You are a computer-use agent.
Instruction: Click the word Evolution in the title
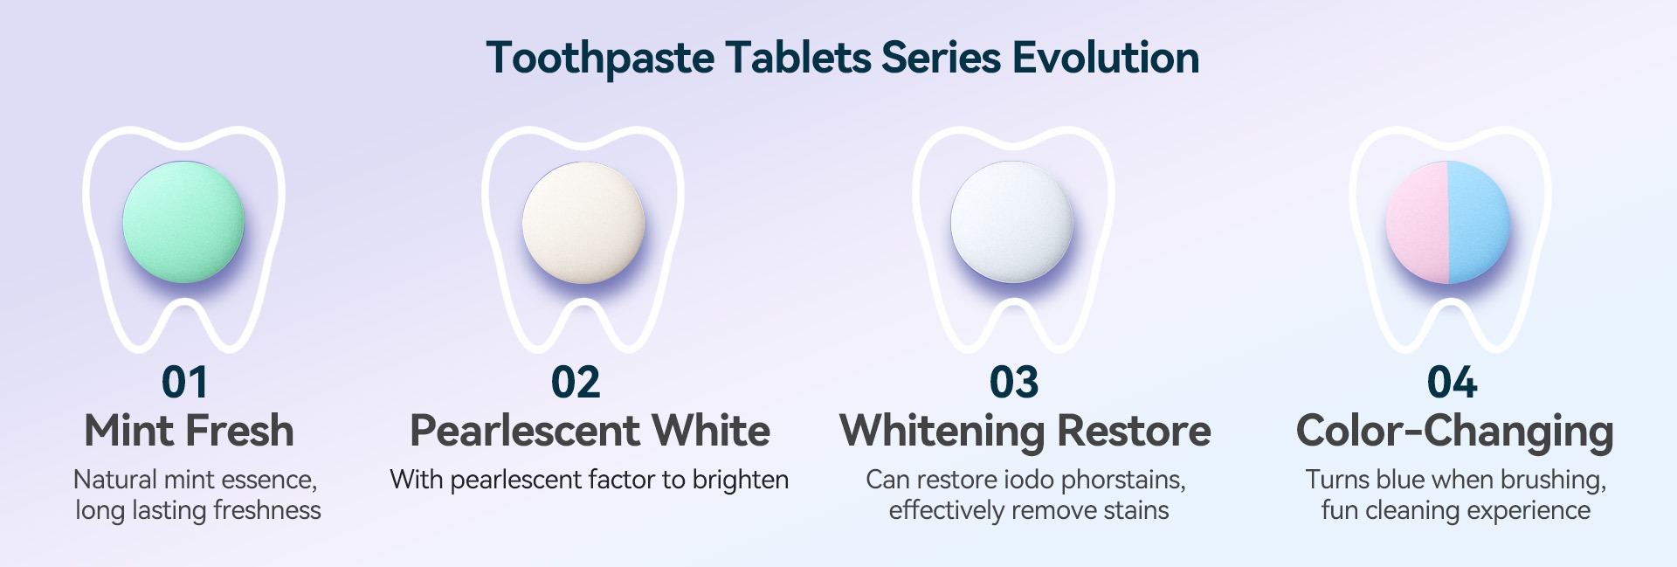tap(1105, 58)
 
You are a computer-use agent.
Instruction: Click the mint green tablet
tap(183, 222)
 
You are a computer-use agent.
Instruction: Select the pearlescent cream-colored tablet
tap(583, 222)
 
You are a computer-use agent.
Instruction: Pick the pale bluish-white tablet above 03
tap(1011, 222)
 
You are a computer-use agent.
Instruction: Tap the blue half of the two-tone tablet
tap(1479, 222)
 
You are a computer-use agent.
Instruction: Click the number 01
tap(184, 383)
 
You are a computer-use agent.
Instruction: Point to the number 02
tap(576, 383)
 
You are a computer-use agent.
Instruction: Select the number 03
tap(1014, 383)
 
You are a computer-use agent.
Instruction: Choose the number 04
tap(1452, 383)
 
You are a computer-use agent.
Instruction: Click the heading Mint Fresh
tap(190, 431)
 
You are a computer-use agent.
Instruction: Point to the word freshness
tap(267, 510)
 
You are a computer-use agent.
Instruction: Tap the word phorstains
tap(1123, 480)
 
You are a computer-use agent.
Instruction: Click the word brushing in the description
tap(1549, 481)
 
